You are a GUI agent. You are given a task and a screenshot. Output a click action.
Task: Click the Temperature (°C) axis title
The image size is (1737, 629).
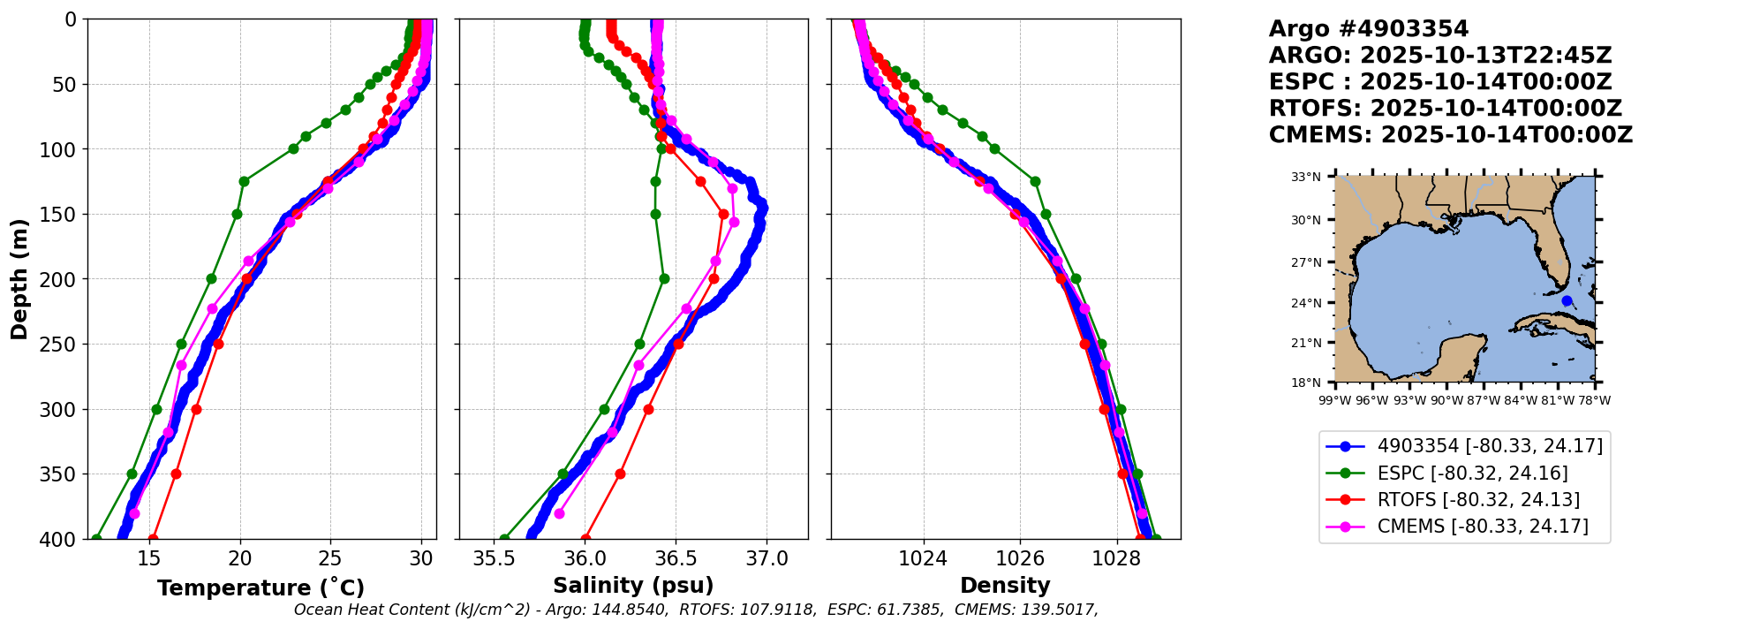pyautogui.click(x=261, y=588)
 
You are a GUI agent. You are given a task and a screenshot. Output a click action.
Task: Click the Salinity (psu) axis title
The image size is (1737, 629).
pyautogui.click(x=633, y=586)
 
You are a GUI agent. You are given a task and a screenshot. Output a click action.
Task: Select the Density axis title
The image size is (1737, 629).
pyautogui.click(x=1005, y=586)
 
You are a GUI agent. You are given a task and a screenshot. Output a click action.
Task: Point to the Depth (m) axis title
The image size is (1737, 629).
pyautogui.click(x=19, y=279)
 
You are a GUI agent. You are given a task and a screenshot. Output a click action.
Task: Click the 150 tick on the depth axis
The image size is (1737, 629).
pyautogui.click(x=64, y=215)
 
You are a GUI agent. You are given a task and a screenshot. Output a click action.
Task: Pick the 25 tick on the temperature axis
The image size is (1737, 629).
pyautogui.click(x=331, y=558)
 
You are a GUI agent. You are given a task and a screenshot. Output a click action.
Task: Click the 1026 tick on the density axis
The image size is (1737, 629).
pyautogui.click(x=1020, y=558)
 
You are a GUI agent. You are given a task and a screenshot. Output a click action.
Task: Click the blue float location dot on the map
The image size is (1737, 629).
pyautogui.click(x=1567, y=301)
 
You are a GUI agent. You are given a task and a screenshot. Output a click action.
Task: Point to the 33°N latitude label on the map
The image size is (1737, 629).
pyautogui.click(x=1306, y=177)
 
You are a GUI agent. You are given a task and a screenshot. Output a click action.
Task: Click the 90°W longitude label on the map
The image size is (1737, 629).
pyautogui.click(x=1446, y=400)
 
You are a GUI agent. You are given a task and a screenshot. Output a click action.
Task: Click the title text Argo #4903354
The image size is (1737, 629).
pyautogui.click(x=1368, y=29)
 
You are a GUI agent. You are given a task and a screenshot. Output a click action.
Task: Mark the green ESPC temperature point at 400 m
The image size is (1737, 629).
pyautogui.click(x=96, y=539)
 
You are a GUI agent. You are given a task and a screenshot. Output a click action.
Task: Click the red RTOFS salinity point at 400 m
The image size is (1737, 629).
pyautogui.click(x=585, y=539)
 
